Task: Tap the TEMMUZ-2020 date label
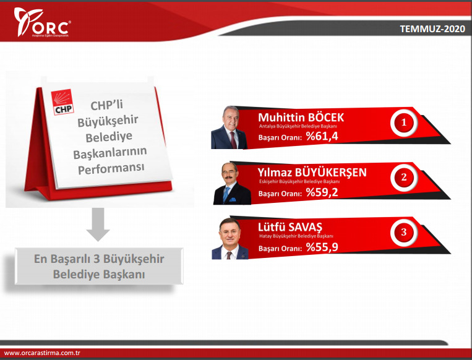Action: click(431, 29)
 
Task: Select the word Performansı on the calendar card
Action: click(112, 168)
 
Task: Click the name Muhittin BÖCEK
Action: click(301, 118)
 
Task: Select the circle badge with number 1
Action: click(403, 123)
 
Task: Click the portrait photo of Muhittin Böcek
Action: click(229, 128)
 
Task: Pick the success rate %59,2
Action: click(322, 193)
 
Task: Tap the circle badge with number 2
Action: click(403, 178)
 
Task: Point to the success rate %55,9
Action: click(322, 247)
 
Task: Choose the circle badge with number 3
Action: click(403, 233)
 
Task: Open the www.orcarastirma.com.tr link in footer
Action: click(43, 353)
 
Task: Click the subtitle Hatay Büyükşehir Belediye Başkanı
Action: click(296, 236)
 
